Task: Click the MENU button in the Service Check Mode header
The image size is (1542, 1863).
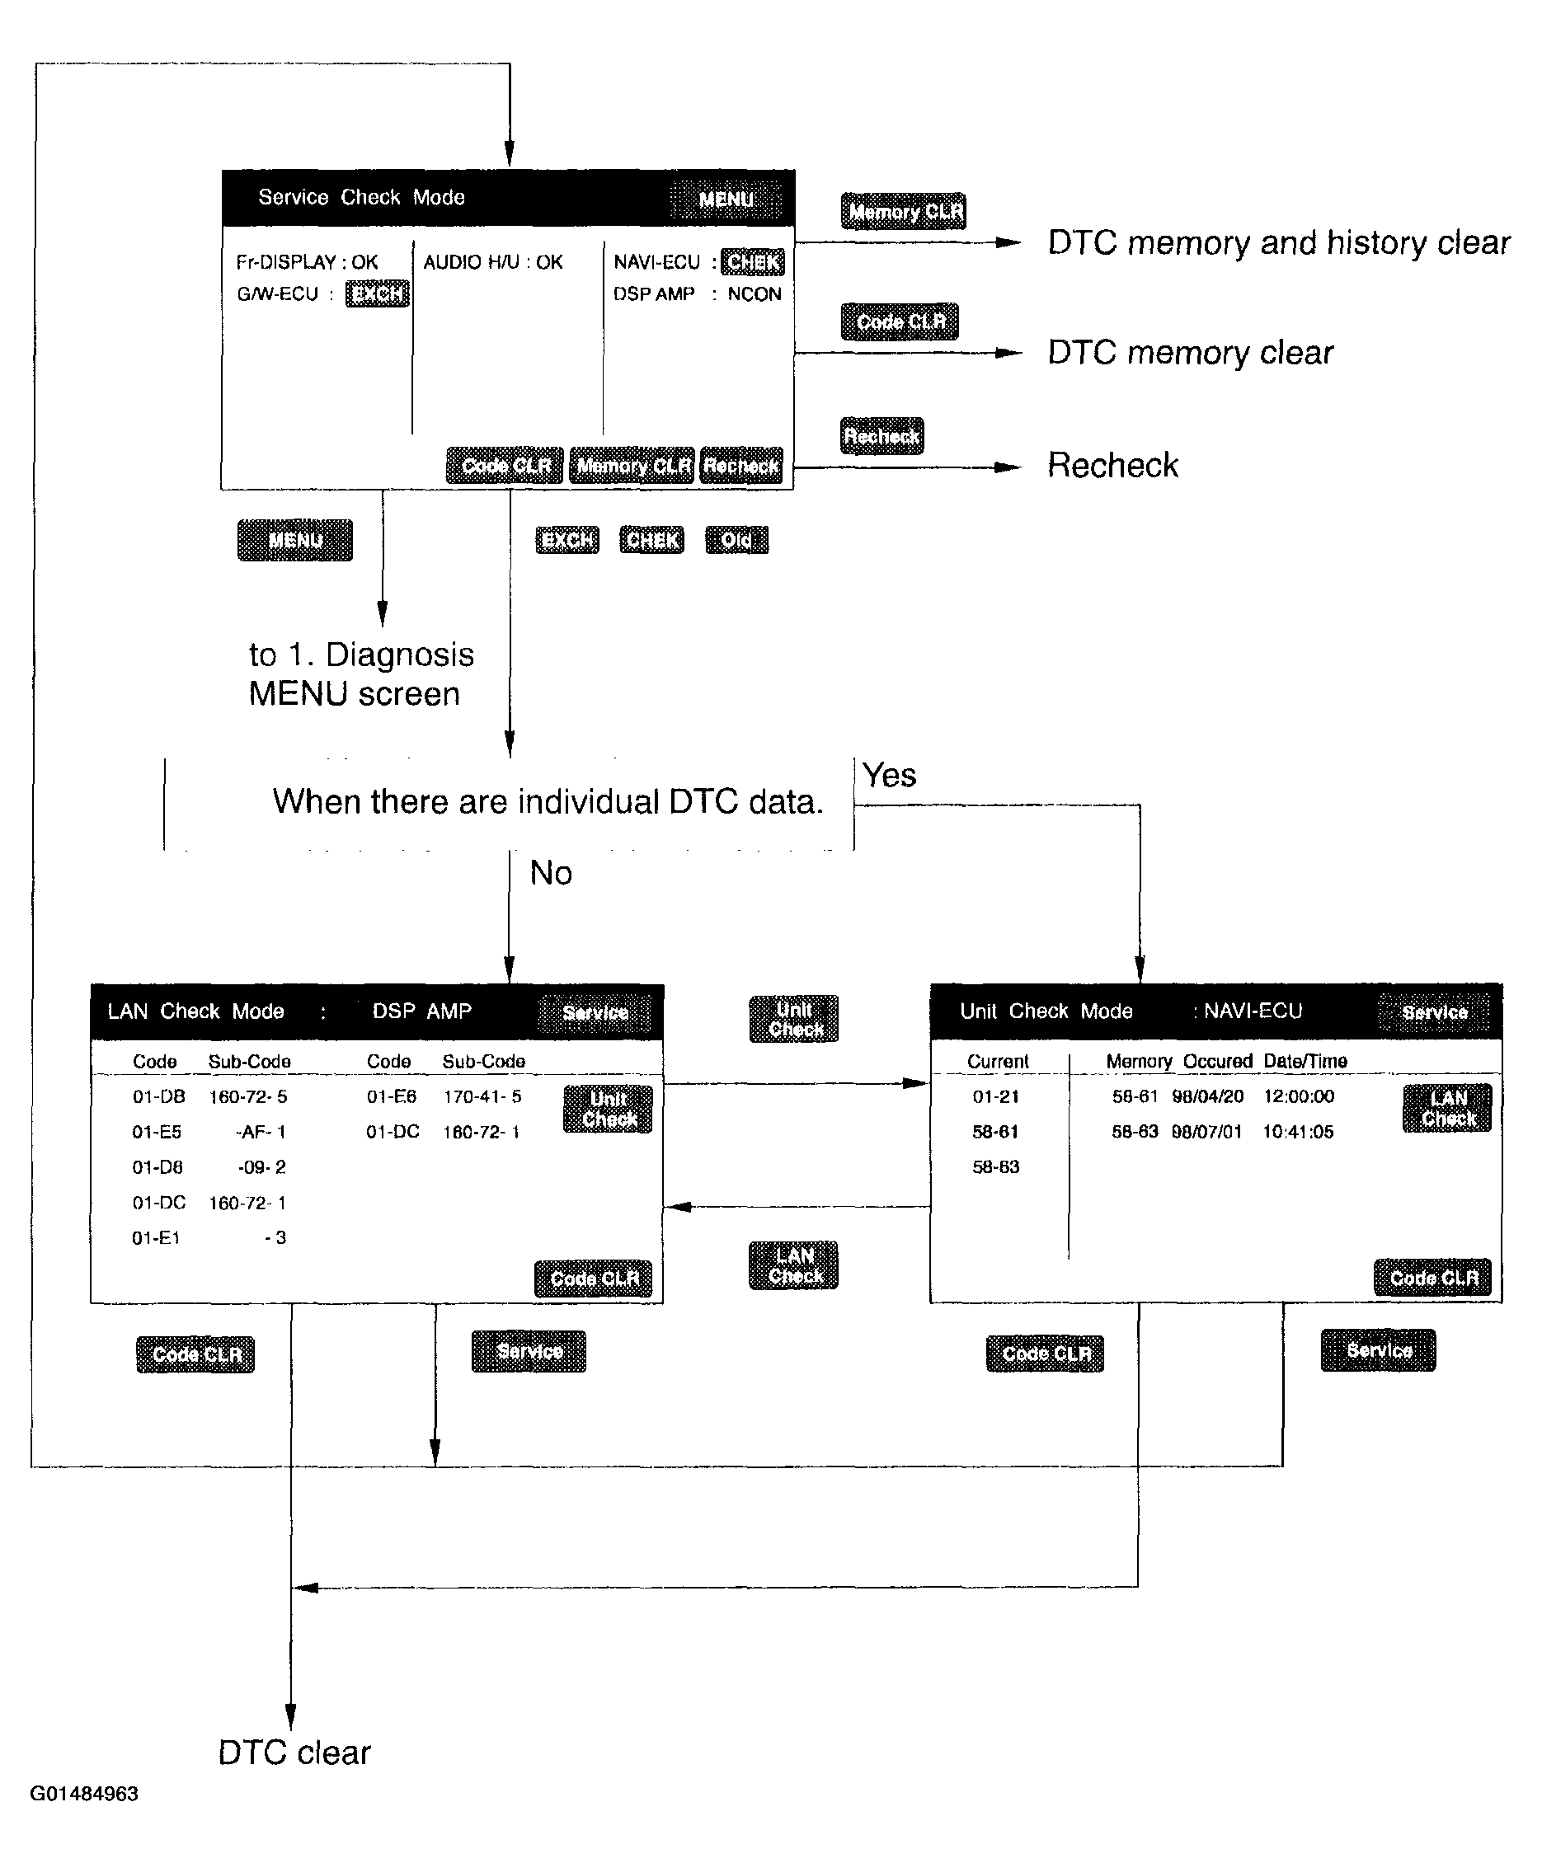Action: [725, 199]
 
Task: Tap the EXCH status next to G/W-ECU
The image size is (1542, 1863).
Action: [377, 293]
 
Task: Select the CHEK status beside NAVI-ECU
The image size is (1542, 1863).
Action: [752, 261]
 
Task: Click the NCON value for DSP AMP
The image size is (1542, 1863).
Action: [755, 293]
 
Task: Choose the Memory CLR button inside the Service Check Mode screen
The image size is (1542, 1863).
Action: [632, 466]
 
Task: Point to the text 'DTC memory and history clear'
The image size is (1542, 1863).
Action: [1278, 242]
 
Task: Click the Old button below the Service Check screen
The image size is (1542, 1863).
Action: [736, 539]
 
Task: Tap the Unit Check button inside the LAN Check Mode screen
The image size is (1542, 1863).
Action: [608, 1109]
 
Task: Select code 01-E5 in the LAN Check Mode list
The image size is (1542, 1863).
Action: [157, 1131]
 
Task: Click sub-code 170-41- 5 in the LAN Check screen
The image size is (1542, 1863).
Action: [482, 1096]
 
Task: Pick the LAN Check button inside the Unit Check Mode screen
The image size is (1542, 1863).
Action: [1447, 1108]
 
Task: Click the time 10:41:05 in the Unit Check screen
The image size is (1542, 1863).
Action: [1298, 1131]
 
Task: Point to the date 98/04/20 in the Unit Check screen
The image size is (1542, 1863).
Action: [1207, 1096]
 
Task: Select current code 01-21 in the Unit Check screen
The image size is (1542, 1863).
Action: [995, 1096]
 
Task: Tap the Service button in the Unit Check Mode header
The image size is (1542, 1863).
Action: [1434, 1012]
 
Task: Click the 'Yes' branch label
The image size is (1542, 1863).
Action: [889, 776]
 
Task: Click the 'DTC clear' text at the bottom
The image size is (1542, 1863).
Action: [294, 1752]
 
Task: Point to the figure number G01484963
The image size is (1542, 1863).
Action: [84, 1793]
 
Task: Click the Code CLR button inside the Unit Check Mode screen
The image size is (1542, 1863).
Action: [1433, 1278]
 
